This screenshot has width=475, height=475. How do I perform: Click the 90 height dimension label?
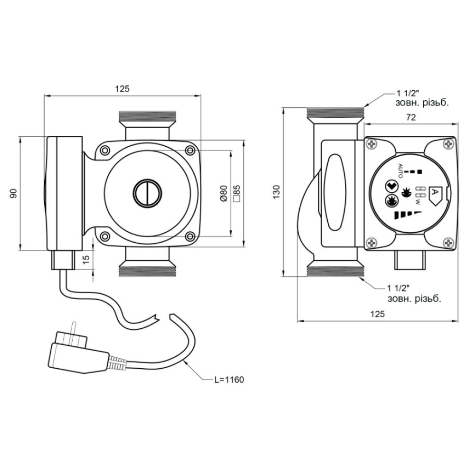point(13,193)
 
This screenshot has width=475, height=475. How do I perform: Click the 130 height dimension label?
point(276,192)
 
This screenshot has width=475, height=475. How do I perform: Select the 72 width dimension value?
point(410,117)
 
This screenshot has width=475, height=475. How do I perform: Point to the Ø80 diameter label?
point(224,193)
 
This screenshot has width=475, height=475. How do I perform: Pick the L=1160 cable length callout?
point(229,380)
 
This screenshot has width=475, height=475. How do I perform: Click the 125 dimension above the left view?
point(123,89)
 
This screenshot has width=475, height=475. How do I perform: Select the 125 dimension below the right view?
point(378,314)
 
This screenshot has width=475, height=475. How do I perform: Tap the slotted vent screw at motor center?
point(148,193)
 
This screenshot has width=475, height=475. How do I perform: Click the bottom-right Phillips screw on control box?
point(449,242)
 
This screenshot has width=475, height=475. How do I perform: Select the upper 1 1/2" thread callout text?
point(422,98)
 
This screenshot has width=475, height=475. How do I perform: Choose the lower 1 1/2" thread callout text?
point(414,294)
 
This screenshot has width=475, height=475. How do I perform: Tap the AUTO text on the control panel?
point(400,171)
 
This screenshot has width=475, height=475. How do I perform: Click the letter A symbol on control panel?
point(435,192)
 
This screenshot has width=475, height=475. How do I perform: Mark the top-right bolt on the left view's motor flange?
point(190,150)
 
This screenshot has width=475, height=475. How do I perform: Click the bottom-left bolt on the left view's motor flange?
point(105,236)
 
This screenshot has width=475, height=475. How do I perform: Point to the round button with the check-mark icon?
point(390,186)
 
